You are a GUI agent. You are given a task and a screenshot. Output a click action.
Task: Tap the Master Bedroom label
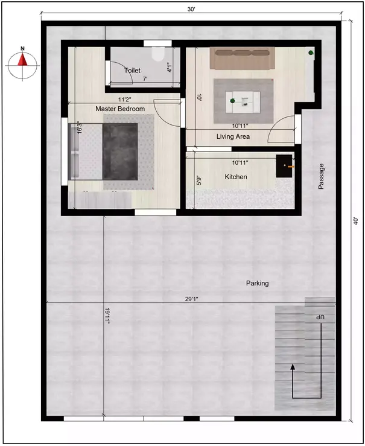point(120,109)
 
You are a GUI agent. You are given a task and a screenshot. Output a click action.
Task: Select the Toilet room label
point(132,71)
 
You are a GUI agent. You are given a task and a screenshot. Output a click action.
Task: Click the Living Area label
point(233,137)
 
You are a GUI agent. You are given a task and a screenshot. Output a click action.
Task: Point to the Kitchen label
point(235,177)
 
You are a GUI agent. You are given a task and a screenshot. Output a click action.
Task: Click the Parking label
point(257,283)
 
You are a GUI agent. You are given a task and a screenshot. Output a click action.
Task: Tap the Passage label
point(322,177)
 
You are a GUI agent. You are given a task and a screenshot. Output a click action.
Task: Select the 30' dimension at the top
point(191,10)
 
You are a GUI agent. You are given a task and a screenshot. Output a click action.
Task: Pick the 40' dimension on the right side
point(356,220)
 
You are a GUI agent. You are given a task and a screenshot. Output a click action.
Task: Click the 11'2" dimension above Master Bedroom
point(125,100)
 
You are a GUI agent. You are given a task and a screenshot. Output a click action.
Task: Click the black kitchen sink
point(284,166)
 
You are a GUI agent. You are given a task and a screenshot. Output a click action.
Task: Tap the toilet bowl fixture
point(159,56)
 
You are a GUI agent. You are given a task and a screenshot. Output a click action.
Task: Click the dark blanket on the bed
point(121,151)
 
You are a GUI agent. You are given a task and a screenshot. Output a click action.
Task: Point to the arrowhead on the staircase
point(293,366)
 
